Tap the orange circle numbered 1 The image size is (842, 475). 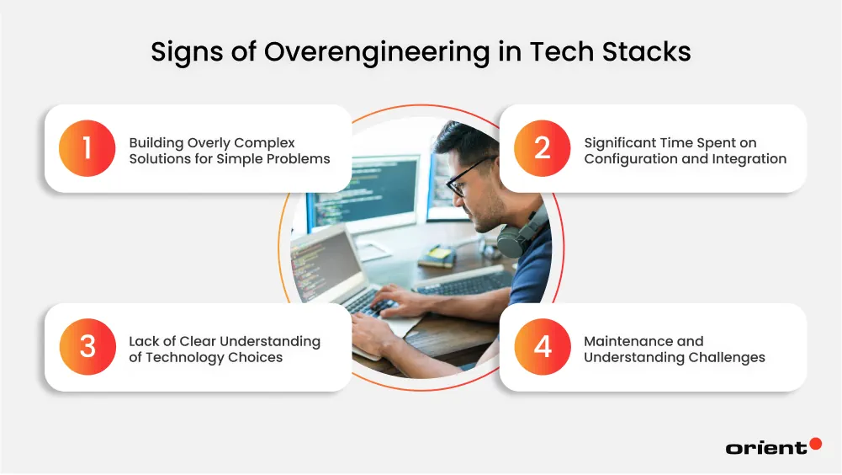87,148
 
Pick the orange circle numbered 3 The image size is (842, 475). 87,347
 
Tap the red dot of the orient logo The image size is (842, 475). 815,444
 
